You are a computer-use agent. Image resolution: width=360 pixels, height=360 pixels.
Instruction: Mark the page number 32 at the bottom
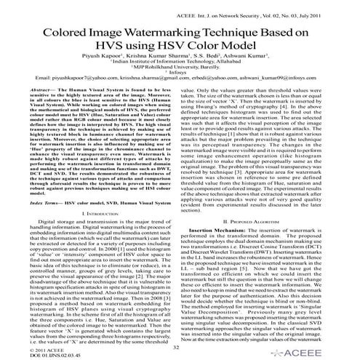pyautogui.click(x=178, y=349)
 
